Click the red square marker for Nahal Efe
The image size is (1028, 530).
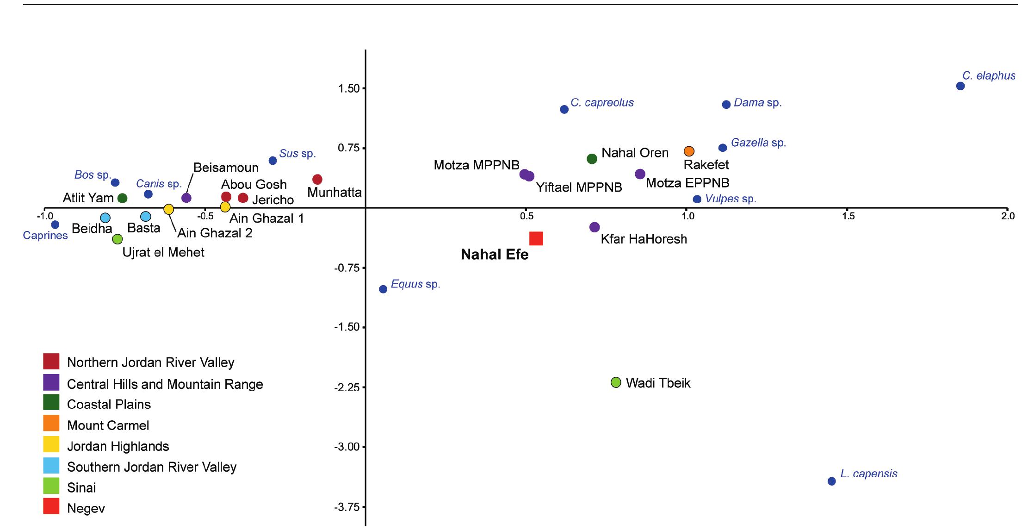536,238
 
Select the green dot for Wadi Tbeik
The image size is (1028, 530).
616,382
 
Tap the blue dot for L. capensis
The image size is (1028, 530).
831,481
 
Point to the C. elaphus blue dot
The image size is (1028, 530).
960,86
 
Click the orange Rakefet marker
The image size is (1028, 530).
689,151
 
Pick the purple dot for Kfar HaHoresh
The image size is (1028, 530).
595,227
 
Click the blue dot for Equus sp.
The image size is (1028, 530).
383,289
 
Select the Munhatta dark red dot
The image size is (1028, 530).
317,180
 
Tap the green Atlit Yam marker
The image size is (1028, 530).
123,198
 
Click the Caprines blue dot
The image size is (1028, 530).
55,225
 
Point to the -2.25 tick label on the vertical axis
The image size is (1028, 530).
347,387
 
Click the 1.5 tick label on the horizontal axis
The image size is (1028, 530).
848,216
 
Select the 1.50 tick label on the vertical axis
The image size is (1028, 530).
349,89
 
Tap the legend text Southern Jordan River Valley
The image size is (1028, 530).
151,467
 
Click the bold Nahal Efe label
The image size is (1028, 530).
495,255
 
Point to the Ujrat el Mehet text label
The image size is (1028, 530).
163,253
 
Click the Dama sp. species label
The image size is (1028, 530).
757,103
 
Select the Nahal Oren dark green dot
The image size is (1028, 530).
592,159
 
